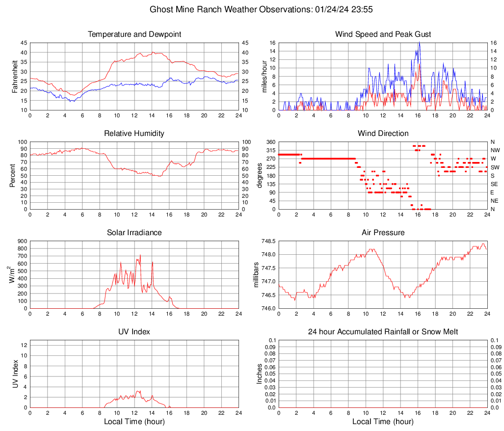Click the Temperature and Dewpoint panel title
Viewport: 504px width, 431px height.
pos(134,34)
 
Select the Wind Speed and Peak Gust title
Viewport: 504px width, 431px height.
pos(383,34)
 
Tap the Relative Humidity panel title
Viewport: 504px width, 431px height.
pos(134,134)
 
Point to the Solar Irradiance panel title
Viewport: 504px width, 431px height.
pos(134,233)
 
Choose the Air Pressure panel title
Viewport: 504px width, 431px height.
pos(383,233)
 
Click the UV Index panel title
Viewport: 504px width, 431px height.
pos(134,332)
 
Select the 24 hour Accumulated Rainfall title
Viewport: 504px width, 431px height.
pos(383,332)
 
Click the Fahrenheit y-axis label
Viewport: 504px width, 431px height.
pos(15,76)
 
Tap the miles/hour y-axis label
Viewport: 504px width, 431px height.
pos(265,76)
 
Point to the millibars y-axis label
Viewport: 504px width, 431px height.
pos(256,274)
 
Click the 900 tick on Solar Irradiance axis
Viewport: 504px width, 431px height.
pos(23,241)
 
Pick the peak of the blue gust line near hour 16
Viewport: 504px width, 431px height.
pos(419,42)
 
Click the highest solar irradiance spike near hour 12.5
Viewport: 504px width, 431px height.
pos(140,255)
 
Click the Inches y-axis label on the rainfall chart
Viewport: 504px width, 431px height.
pos(260,374)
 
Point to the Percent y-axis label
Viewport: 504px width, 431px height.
pos(13,175)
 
